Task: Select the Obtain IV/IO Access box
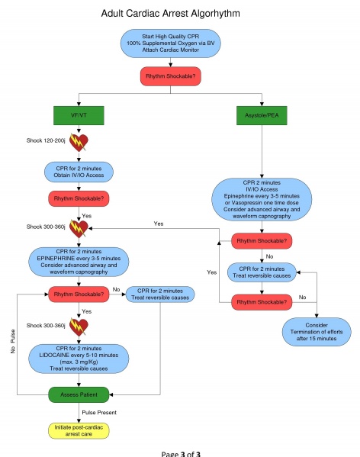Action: (x=80, y=172)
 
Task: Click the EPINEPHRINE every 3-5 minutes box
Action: (x=80, y=260)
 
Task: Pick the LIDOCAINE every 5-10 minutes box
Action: (x=80, y=358)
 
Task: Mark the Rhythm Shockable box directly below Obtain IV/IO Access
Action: (x=80, y=198)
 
